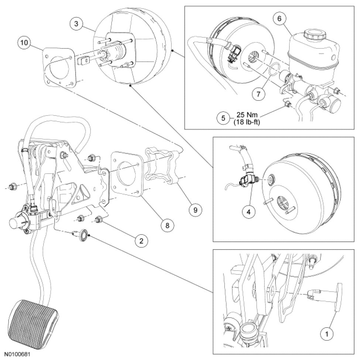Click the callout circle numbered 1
[x=326, y=335]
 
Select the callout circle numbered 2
[x=141, y=241]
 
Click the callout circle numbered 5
[x=223, y=119]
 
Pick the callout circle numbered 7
[x=258, y=94]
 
